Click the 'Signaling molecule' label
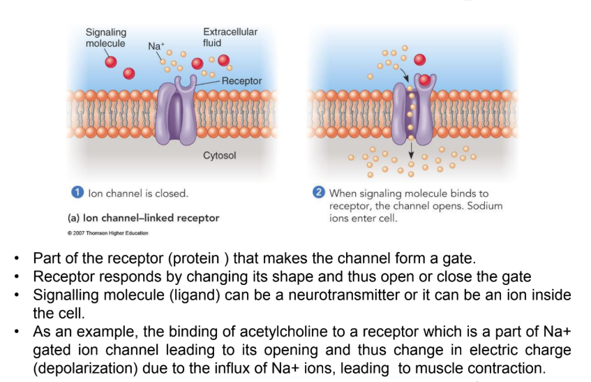(x=105, y=38)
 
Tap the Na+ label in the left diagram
(x=156, y=46)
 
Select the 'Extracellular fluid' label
(x=230, y=37)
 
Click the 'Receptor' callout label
(x=241, y=81)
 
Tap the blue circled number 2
(x=319, y=193)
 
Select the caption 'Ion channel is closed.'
(x=137, y=193)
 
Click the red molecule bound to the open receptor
(x=424, y=79)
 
